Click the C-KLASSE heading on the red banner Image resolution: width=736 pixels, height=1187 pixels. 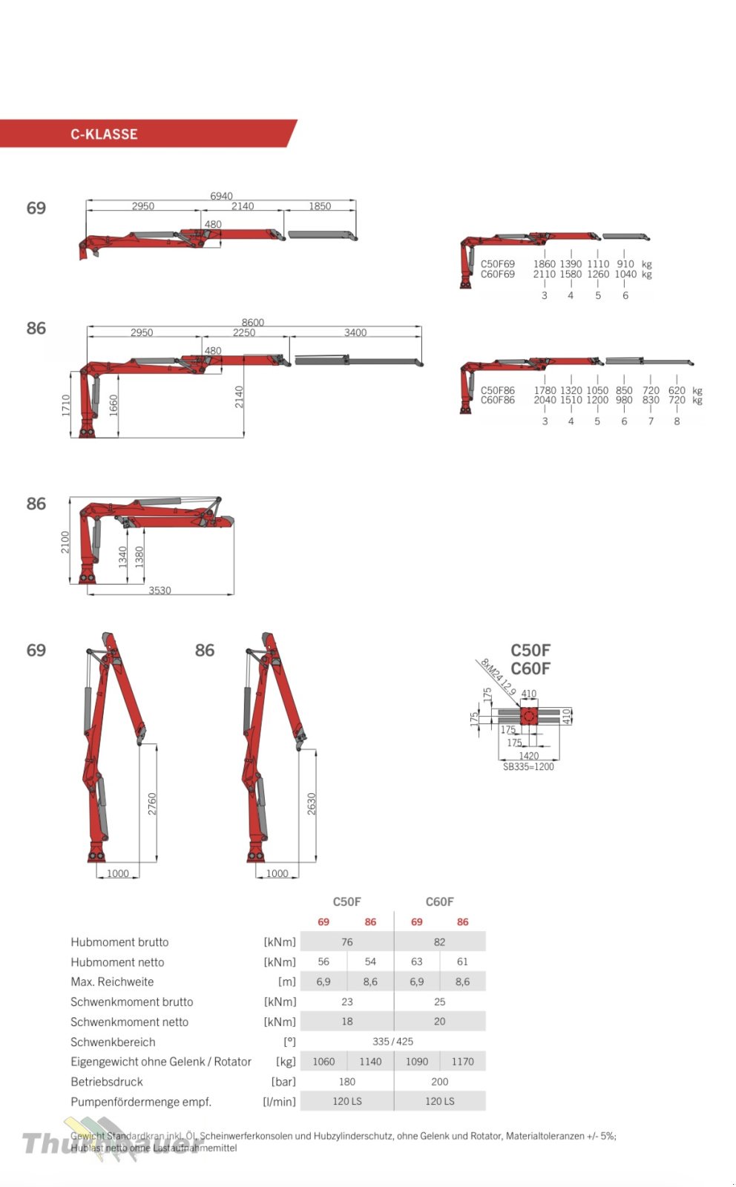104,134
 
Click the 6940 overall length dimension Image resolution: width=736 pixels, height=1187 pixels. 221,196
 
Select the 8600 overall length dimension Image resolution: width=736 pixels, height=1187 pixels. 252,322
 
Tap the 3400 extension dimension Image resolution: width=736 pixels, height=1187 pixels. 355,332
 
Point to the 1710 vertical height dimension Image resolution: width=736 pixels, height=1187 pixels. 66,404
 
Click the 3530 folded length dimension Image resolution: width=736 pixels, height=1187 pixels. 160,591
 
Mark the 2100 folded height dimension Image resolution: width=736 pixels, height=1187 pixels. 65,542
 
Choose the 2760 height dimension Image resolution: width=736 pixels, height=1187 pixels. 152,804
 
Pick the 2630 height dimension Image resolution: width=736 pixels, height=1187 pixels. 312,804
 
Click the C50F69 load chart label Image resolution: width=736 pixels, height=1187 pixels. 497,264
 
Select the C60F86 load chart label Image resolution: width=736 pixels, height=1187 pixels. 497,401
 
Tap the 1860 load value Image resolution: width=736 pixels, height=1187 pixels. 544,264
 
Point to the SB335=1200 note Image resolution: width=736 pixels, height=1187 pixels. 528,767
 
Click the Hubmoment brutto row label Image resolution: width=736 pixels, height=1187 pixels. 119,942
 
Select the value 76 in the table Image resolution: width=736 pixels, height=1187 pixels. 346,942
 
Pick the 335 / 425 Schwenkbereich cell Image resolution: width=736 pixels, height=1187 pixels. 392,1042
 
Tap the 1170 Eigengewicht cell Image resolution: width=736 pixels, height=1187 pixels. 462,1062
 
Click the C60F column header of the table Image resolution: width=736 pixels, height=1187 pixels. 439,902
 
